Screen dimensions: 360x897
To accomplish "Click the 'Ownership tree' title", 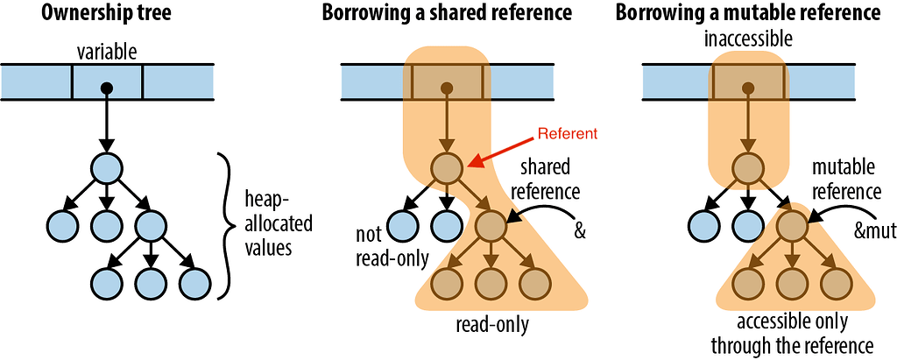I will tap(107, 14).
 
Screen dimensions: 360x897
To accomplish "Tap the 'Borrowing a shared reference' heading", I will tap(447, 14).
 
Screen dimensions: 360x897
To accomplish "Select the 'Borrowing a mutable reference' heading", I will tap(747, 14).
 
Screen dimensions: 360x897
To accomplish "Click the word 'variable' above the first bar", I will tap(107, 52).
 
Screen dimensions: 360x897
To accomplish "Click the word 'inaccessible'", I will tap(746, 39).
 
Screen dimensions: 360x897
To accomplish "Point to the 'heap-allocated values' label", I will tap(267, 223).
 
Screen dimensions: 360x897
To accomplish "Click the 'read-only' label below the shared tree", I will tap(492, 324).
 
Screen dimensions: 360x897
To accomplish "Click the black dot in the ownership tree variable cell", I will tap(107, 88).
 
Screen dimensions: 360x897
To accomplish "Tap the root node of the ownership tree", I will tap(107, 168).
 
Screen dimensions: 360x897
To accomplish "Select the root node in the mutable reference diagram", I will tap(746, 168).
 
